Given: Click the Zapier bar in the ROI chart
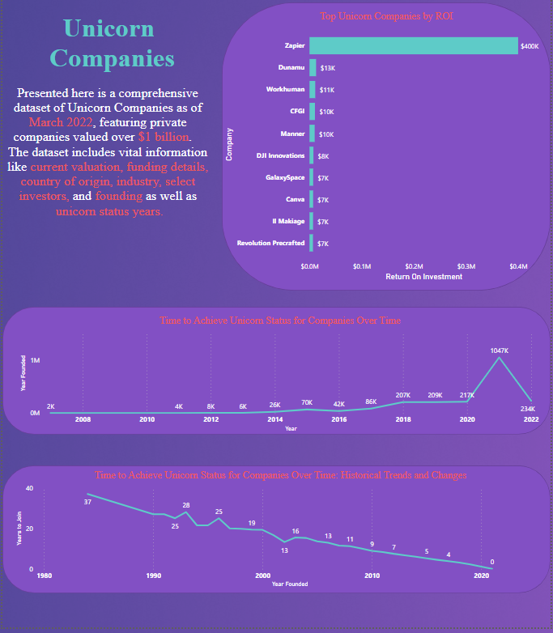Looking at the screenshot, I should click(413, 46).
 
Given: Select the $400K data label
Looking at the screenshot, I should click(530, 47).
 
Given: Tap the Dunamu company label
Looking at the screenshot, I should click(291, 68).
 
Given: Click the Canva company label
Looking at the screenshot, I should click(295, 199).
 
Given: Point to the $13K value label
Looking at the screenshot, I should click(328, 69).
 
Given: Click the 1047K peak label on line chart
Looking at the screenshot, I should click(500, 350).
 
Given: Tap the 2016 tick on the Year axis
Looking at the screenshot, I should click(339, 419).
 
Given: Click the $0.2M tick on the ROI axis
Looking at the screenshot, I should click(414, 266).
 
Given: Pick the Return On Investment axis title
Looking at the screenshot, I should click(423, 277).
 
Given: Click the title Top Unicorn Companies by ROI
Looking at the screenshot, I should click(385, 15).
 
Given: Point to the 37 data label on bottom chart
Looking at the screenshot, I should click(87, 503).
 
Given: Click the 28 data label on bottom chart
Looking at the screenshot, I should click(186, 505).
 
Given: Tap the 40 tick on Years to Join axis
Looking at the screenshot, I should click(29, 488).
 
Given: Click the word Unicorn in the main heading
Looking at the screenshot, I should click(108, 28).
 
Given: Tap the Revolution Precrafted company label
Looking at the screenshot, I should click(270, 243).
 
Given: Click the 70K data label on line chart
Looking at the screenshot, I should click(307, 402).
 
